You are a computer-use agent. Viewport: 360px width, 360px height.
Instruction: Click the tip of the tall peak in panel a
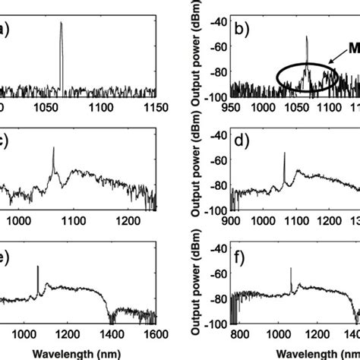pyautogui.click(x=61, y=23)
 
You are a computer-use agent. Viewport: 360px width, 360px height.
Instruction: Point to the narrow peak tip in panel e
pyautogui.click(x=37, y=267)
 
